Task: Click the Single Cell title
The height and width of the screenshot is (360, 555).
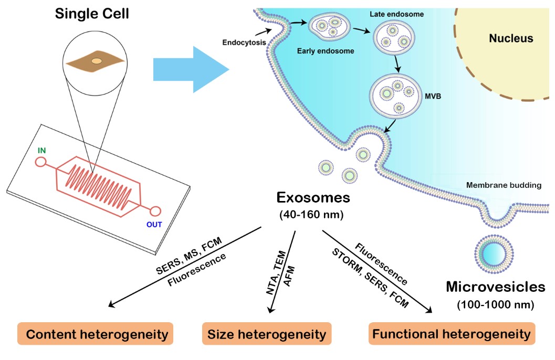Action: pos(92,13)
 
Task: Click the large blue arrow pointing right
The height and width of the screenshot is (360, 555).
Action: pos(191,69)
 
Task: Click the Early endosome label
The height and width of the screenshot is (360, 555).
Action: pos(326,51)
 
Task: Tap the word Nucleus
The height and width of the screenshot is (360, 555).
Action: pos(511,38)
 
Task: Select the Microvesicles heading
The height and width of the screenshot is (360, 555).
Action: pos(496,287)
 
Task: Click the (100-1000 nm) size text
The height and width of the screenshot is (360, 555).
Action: pos(495,304)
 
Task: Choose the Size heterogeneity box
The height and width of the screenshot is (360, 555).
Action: pos(267,334)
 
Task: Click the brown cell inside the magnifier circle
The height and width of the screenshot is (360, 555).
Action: pos(96,61)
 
